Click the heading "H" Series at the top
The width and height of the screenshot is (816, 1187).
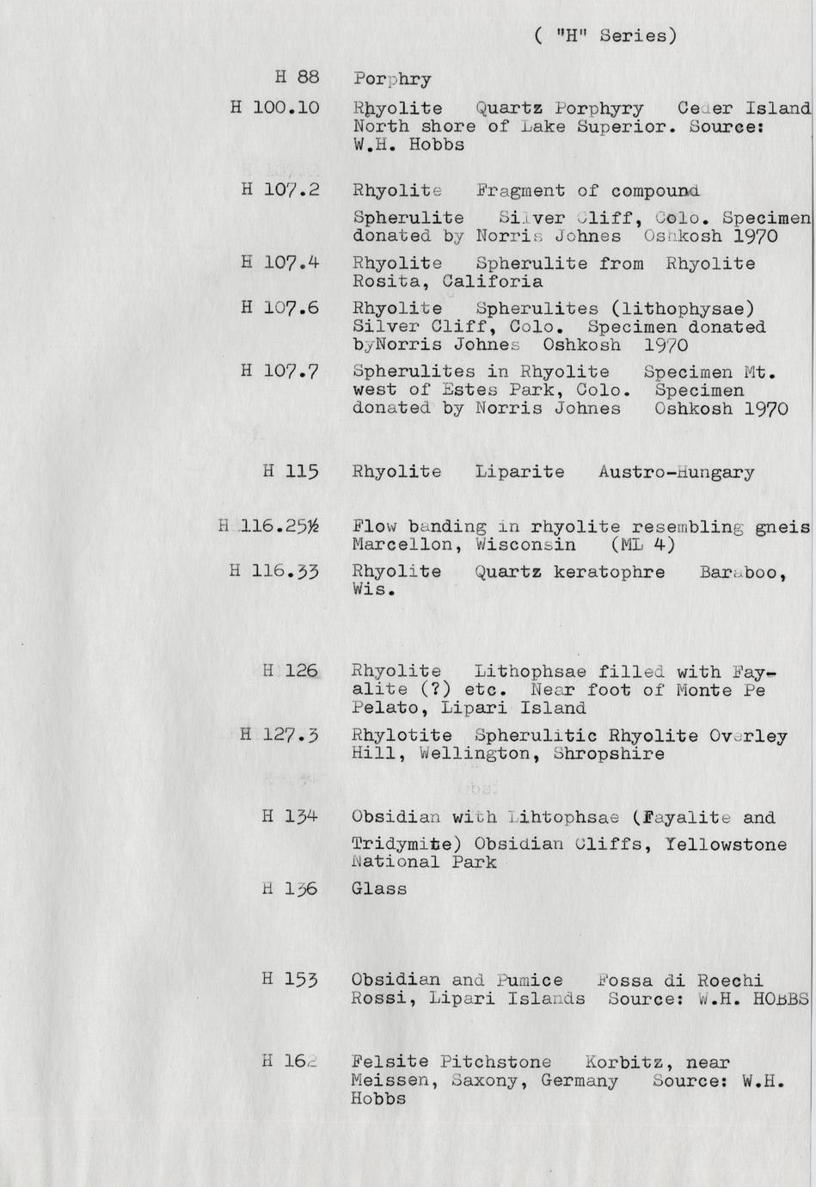605,35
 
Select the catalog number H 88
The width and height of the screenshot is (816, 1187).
297,77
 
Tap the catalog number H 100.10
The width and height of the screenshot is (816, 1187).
275,108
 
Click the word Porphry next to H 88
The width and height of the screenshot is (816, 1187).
392,79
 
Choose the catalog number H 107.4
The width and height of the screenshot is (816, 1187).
280,262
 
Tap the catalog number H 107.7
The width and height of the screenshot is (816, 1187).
280,372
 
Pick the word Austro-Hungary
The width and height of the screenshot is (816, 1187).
676,472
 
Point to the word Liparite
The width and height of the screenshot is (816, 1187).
519,472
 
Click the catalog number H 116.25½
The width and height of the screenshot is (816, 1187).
269,526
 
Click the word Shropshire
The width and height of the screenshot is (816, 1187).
609,754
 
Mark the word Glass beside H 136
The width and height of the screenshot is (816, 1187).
379,889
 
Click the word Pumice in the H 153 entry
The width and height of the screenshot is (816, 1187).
530,981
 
